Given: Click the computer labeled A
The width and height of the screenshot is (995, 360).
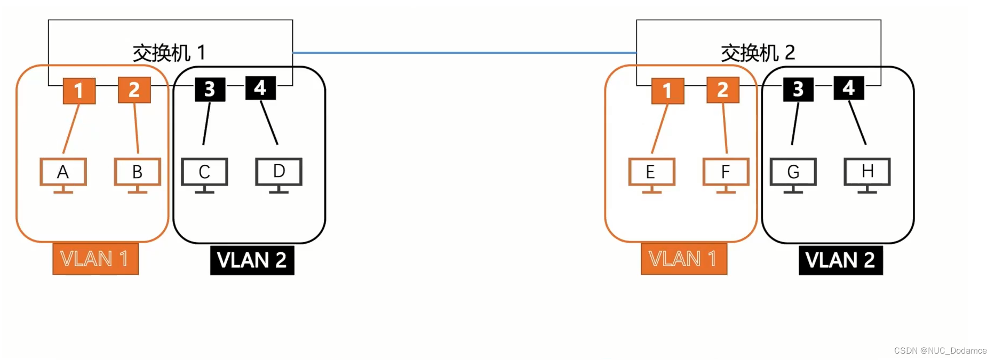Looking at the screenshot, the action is tap(63, 175).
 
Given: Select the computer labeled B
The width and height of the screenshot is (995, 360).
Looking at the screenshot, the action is tap(137, 175).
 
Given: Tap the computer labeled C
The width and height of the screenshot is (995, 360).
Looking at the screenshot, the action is tap(204, 175).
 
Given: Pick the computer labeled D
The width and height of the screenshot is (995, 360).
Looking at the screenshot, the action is tap(278, 174).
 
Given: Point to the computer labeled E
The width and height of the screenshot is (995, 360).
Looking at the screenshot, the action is tap(651, 175).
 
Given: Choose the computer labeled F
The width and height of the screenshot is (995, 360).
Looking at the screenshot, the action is tap(726, 175).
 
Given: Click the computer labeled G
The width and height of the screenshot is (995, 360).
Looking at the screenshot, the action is tap(793, 175).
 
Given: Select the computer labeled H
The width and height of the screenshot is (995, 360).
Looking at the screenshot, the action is tap(867, 174).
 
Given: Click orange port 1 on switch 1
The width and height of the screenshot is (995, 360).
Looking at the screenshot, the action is tap(79, 91).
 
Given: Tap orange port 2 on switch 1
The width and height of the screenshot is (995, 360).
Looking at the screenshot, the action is tap(134, 90).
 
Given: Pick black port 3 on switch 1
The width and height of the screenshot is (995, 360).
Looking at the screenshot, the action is tap(210, 89).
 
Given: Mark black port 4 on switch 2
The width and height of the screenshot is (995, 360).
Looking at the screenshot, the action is tap(848, 88).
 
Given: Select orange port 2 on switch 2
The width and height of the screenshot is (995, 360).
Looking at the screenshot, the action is tap(722, 90).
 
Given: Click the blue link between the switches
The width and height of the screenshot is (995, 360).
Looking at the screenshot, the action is tap(464, 53).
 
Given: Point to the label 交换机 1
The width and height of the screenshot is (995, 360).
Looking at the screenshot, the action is tap(169, 53).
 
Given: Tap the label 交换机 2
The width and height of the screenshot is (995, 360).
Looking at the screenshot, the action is tap(758, 53).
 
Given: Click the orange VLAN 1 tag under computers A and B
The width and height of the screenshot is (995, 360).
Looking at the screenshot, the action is tap(95, 259).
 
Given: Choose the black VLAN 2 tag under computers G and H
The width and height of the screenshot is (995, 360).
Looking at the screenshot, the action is tap(840, 260).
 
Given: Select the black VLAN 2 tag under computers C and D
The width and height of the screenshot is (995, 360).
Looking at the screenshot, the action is tap(252, 260).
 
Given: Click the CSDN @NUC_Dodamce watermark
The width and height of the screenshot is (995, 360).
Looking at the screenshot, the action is tap(940, 350).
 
